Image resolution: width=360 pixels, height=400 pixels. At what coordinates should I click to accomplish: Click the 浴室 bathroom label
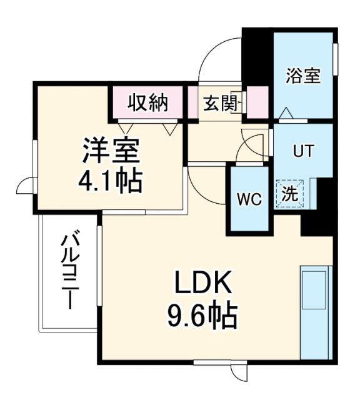(x=303, y=76)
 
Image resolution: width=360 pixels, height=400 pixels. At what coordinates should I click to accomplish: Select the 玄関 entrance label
(x=219, y=102)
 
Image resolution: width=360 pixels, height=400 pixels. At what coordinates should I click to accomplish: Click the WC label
(x=248, y=200)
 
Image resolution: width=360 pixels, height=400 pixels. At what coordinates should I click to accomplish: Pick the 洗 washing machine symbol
(x=289, y=194)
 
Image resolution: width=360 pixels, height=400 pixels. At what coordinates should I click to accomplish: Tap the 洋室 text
(x=110, y=150)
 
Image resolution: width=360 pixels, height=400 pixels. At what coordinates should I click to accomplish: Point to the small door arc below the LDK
(x=239, y=374)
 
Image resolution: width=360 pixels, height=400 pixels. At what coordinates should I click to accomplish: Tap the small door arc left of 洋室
(x=26, y=185)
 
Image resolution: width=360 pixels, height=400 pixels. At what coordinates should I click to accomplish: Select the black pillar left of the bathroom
(x=257, y=56)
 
